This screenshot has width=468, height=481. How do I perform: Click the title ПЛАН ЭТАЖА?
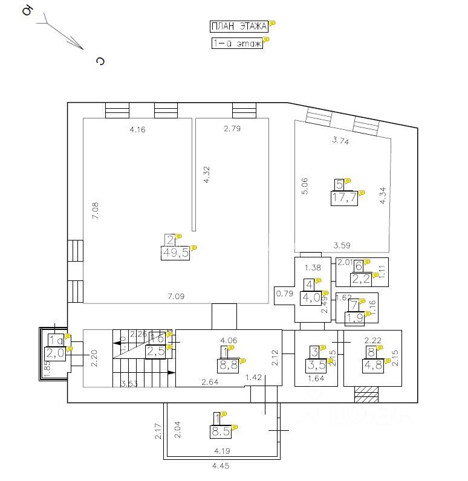point(239,26)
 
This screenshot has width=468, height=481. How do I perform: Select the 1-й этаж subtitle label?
point(236,43)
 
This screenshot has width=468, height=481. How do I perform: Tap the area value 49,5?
point(175,253)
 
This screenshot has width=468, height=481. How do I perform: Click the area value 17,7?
point(343,198)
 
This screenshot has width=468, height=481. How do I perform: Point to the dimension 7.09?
point(177,295)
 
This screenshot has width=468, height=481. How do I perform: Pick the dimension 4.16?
point(137,129)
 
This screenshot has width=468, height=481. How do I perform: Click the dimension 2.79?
point(232,128)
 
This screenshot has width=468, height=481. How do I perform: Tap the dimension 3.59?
point(342,245)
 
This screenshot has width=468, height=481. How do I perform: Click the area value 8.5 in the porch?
point(219,432)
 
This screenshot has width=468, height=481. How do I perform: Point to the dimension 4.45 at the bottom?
point(221,466)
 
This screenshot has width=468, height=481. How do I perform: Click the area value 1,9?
point(355,317)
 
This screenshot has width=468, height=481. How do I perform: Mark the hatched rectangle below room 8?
point(366,394)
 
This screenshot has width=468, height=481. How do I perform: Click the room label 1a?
point(55,341)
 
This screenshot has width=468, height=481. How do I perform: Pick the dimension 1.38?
point(311,267)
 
